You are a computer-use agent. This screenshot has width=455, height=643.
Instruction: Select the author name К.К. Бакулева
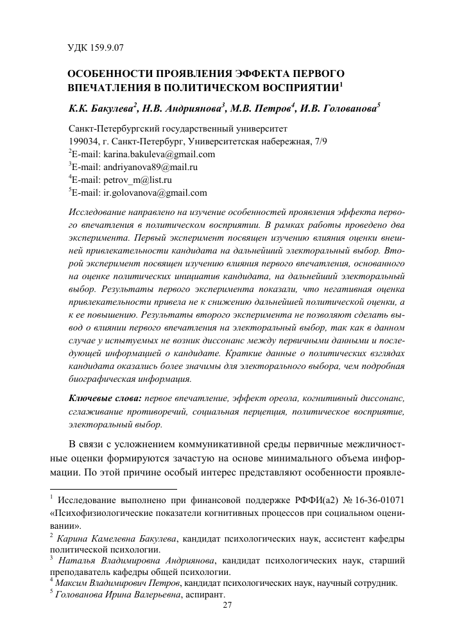(101, 107)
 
